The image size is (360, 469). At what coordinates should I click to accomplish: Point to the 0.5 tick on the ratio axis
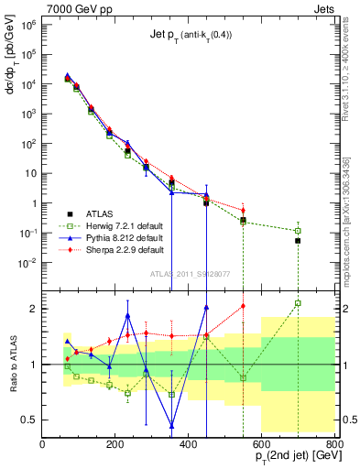click(x=30, y=420)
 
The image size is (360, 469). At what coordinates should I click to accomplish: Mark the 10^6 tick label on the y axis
click(x=27, y=25)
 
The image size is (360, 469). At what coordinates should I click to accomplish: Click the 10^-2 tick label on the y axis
click(x=27, y=263)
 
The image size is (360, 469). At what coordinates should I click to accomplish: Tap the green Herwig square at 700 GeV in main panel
click(x=298, y=231)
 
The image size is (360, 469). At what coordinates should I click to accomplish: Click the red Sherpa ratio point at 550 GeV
click(x=243, y=306)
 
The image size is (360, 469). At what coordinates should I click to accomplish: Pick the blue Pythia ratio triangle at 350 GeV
click(x=171, y=425)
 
